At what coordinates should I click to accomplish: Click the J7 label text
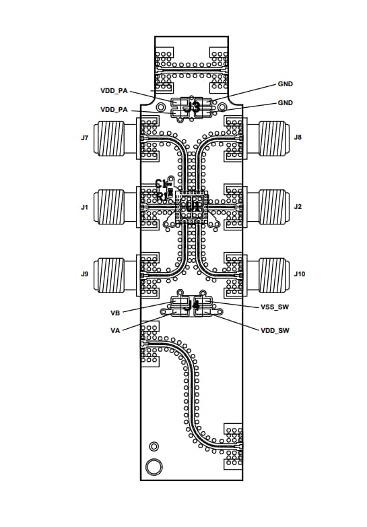84,138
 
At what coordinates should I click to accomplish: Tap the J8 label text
298,137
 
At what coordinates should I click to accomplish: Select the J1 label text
84,207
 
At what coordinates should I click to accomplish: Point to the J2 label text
298,207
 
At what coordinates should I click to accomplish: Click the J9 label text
84,274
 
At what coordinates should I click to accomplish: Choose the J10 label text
300,274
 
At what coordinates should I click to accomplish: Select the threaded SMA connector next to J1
117,206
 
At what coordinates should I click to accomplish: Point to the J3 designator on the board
193,106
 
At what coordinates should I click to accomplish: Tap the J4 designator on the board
193,306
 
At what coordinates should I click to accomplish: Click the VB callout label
115,313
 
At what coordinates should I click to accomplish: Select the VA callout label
115,330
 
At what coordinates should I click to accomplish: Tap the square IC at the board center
192,208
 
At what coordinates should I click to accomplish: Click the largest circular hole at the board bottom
154,467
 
